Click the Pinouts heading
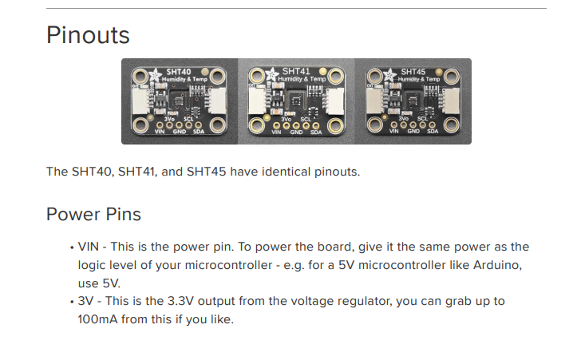pos(88,35)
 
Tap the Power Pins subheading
pos(93,214)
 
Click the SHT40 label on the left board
pos(179,72)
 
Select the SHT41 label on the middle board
pos(296,71)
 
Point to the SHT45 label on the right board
pos(413,72)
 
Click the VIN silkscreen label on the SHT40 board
pos(160,132)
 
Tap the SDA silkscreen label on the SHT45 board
pos(433,131)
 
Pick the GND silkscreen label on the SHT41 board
pos(296,132)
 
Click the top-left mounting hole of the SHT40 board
pos(140,77)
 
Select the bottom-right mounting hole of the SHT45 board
pos(451,125)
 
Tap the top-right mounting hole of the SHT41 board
pos(335,76)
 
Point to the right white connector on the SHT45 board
pos(450,101)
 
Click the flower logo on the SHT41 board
pos(272,74)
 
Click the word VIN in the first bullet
pos(89,247)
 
